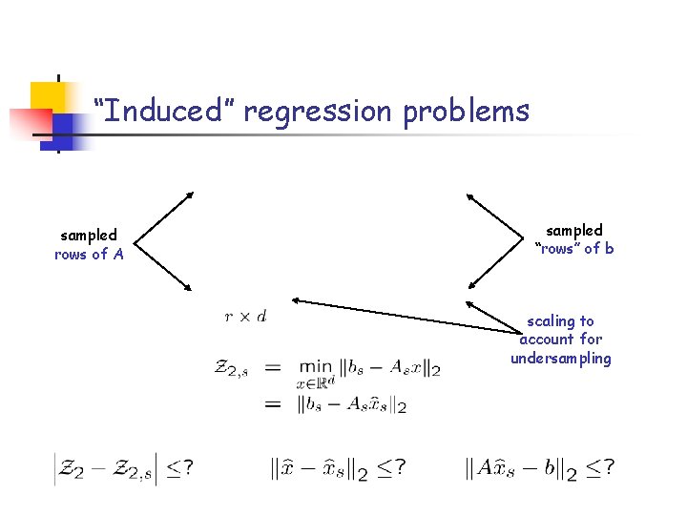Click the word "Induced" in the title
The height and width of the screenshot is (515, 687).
158,112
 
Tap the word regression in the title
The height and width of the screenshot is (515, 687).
318,112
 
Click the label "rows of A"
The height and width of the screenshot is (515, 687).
89,255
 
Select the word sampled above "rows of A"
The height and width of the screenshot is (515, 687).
89,235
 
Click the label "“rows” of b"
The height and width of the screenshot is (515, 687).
574,249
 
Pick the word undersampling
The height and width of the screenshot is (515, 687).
561,359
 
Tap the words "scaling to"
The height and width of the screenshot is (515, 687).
561,321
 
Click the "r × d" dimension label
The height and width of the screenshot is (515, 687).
246,316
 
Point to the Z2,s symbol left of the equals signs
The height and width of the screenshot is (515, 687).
234,367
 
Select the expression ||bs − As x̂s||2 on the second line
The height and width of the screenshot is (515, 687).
353,404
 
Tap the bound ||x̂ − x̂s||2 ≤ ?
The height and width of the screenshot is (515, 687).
339,467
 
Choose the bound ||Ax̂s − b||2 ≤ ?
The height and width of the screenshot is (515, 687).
539,467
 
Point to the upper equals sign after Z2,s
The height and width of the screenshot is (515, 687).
273,367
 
